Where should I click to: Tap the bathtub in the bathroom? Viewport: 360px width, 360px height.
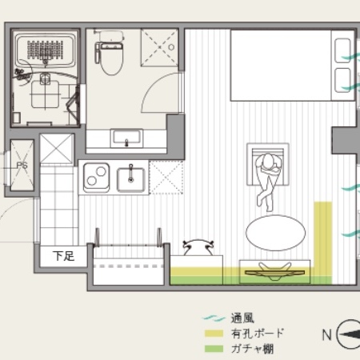pyautogui.click(x=45, y=50)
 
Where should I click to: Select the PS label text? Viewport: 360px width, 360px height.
pyautogui.click(x=22, y=166)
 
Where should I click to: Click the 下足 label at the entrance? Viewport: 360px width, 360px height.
pyautogui.click(x=63, y=256)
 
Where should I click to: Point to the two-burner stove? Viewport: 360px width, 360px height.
pyautogui.click(x=97, y=178)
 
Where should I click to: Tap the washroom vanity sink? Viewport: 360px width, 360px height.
pyautogui.click(x=126, y=138)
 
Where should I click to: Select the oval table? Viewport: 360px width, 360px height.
pyautogui.click(x=276, y=233)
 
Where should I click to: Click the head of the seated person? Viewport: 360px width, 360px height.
pyautogui.click(x=268, y=162)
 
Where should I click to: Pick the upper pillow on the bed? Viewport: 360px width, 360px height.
pyautogui.click(x=342, y=51)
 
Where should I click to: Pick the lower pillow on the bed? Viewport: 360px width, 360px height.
pyautogui.click(x=342, y=81)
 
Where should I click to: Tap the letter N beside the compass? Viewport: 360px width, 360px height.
pyautogui.click(x=327, y=334)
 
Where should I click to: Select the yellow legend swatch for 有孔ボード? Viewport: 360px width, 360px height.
pyautogui.click(x=214, y=333)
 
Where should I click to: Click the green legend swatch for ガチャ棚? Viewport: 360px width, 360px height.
pyautogui.click(x=214, y=349)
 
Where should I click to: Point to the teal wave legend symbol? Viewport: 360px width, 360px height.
pyautogui.click(x=214, y=318)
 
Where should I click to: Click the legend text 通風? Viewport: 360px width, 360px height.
pyautogui.click(x=242, y=318)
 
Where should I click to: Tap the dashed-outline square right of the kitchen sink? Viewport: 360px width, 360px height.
pyautogui.click(x=166, y=177)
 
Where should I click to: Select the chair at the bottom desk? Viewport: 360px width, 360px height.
pyautogui.click(x=198, y=247)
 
